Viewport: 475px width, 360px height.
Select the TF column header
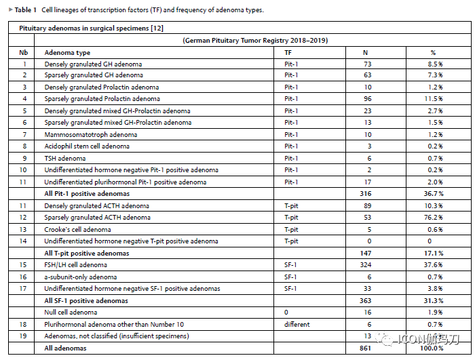pyautogui.click(x=288, y=52)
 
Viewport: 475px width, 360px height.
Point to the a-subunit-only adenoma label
pyautogui.click(x=80, y=277)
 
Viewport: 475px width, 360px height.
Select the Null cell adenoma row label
pyautogui.click(x=71, y=312)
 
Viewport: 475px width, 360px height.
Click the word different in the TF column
pyautogui.click(x=297, y=324)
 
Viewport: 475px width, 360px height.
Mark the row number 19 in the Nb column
pyautogui.click(x=24, y=336)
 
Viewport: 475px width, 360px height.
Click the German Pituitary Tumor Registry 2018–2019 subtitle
pyautogui.click(x=254, y=40)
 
